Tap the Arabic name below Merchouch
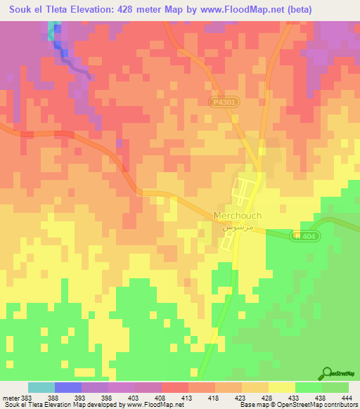(233, 228)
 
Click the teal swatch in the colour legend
(41, 387)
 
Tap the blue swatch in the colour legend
(68, 387)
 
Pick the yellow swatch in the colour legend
(282, 387)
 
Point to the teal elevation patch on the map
(52, 30)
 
